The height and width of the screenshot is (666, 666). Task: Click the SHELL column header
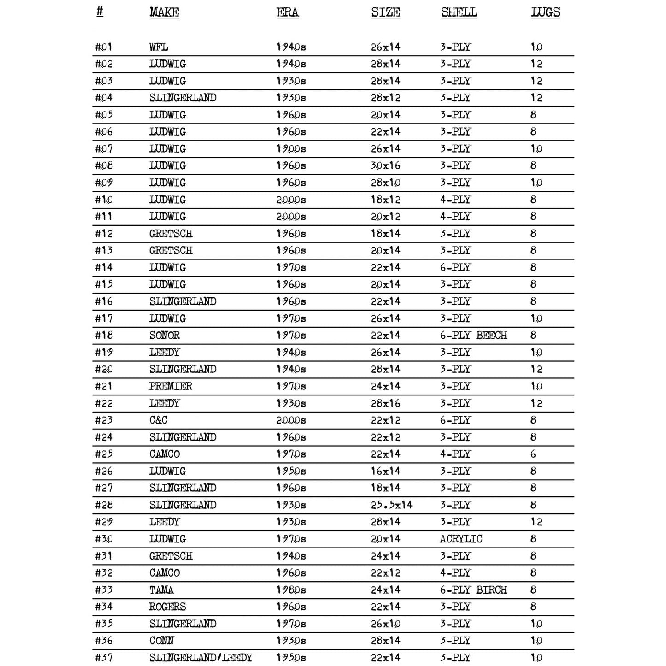pyautogui.click(x=459, y=12)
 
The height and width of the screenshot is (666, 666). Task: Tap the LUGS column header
pyautogui.click(x=545, y=12)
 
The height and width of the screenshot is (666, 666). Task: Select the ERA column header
pyautogui.click(x=287, y=12)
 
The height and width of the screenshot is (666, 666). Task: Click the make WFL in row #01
pyautogui.click(x=159, y=47)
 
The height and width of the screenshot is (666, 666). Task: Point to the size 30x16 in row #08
pyautogui.click(x=386, y=165)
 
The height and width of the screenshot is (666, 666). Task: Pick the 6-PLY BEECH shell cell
pyautogui.click(x=473, y=335)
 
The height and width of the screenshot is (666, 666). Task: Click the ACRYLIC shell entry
pyautogui.click(x=461, y=539)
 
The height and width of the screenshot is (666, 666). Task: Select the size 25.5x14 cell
pyautogui.click(x=391, y=505)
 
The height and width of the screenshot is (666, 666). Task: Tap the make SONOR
pyautogui.click(x=165, y=335)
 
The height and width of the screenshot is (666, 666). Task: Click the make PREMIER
pyautogui.click(x=171, y=386)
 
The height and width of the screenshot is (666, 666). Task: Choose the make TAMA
pyautogui.click(x=161, y=589)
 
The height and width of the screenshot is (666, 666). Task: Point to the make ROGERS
pyautogui.click(x=167, y=607)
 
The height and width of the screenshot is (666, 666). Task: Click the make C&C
pyautogui.click(x=158, y=420)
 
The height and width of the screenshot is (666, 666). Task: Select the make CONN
pyautogui.click(x=161, y=641)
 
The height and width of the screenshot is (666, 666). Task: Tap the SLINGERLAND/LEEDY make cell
pyautogui.click(x=201, y=657)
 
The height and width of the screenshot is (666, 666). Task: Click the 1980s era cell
pyautogui.click(x=291, y=589)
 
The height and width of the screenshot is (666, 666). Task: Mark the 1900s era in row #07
pyautogui.click(x=291, y=149)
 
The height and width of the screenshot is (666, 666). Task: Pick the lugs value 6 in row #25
pyautogui.click(x=533, y=454)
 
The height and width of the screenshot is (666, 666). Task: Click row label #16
pyautogui.click(x=104, y=301)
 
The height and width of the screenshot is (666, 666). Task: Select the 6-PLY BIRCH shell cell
pyautogui.click(x=473, y=589)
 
